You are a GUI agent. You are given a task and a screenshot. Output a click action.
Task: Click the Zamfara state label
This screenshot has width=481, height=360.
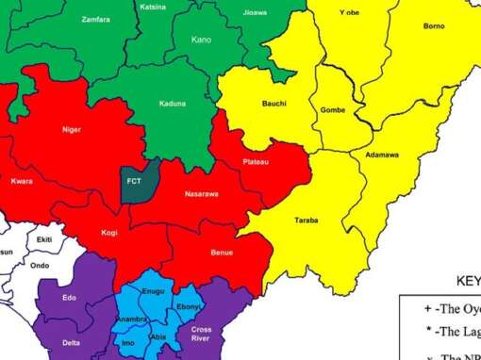(x=95, y=19)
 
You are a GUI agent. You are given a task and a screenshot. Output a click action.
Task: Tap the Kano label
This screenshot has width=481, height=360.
(x=201, y=40)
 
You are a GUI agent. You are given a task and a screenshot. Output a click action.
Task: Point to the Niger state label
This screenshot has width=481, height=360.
(x=71, y=129)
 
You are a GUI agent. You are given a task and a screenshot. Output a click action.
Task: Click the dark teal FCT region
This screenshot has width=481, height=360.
(x=134, y=183)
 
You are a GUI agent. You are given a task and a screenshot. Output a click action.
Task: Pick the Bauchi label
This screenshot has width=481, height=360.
(x=274, y=103)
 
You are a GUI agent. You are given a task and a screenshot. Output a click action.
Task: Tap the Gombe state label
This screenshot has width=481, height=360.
(x=333, y=110)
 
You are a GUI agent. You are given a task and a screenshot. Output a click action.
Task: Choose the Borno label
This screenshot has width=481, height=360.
(x=435, y=25)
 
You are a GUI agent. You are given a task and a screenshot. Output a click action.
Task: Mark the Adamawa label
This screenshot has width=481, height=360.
(x=381, y=155)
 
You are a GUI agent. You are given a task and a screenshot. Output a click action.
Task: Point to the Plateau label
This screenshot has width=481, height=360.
(x=256, y=162)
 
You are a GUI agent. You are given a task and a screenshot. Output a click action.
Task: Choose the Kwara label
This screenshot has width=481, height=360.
(x=22, y=180)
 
